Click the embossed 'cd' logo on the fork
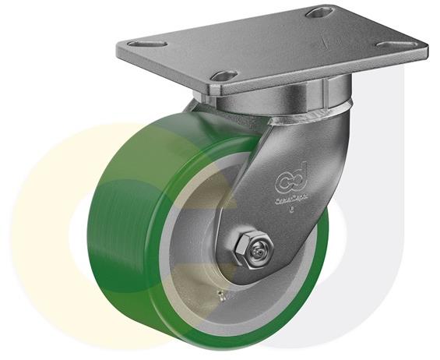point(291,182)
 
